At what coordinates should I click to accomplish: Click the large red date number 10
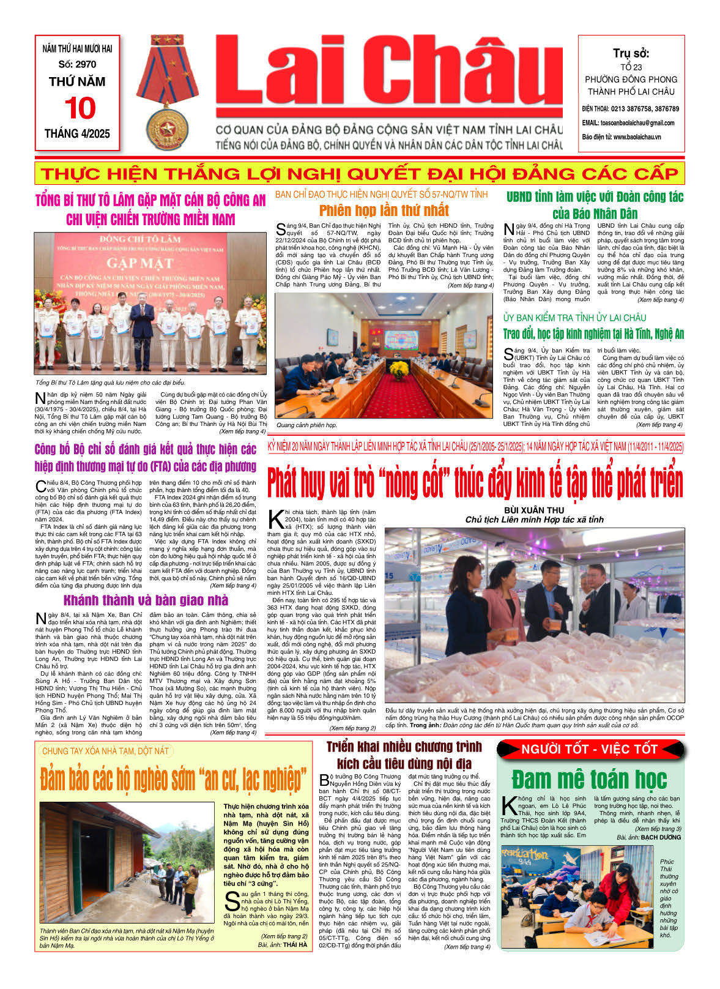click(80, 108)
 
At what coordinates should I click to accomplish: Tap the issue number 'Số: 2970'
click(77, 64)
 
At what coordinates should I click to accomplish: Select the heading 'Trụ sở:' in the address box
click(631, 53)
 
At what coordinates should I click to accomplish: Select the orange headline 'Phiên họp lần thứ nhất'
click(384, 211)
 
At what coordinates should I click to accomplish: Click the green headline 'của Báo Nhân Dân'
click(595, 214)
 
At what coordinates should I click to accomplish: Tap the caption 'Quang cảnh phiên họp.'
click(307, 425)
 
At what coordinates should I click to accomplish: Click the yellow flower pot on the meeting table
click(399, 369)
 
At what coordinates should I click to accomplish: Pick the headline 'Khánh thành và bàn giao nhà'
click(146, 599)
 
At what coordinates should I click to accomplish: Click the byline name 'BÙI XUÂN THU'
click(534, 510)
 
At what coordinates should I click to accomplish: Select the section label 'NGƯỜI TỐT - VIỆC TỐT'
click(589, 749)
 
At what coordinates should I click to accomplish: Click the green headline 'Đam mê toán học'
click(589, 779)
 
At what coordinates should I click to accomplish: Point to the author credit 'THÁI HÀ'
click(295, 945)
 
